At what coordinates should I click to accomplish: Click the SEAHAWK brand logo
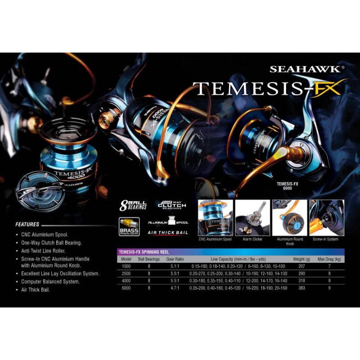[x=307, y=70]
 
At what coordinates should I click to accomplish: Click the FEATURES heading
[x=27, y=224]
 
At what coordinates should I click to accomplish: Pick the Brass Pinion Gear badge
[x=129, y=226]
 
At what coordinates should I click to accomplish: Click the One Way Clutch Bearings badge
[x=171, y=205]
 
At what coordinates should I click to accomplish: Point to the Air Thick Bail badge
[x=168, y=233]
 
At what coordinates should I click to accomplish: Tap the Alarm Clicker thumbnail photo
[x=252, y=218]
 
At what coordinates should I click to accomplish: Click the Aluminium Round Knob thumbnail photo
[x=289, y=218]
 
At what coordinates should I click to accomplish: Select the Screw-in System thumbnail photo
[x=326, y=218]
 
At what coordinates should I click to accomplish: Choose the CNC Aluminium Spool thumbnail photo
[x=216, y=218]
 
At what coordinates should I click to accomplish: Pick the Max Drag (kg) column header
[x=329, y=259]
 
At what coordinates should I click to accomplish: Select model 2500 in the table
[x=126, y=274]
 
